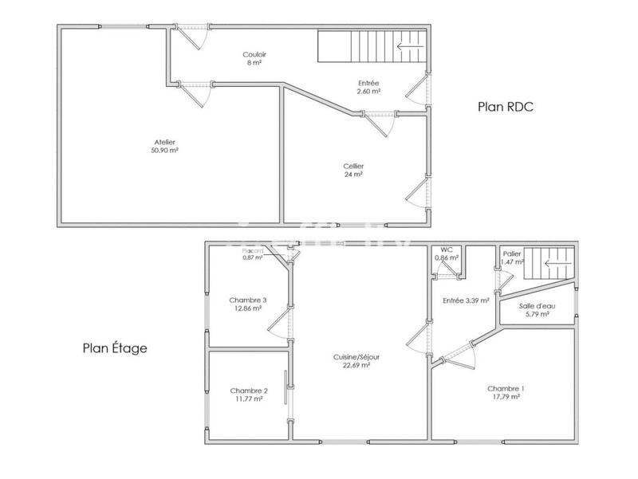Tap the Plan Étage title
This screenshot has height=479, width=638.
click(x=115, y=348)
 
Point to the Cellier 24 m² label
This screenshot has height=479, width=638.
click(x=352, y=170)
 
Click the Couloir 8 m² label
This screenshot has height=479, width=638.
click(x=255, y=58)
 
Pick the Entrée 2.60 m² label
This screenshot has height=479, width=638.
click(x=368, y=86)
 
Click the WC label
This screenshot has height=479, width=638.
click(x=447, y=252)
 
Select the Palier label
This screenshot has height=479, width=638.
click(x=512, y=254)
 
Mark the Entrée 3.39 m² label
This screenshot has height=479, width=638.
click(x=464, y=300)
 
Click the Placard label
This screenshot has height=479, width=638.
click(x=253, y=251)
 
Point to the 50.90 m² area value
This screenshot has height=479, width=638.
click(x=164, y=150)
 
